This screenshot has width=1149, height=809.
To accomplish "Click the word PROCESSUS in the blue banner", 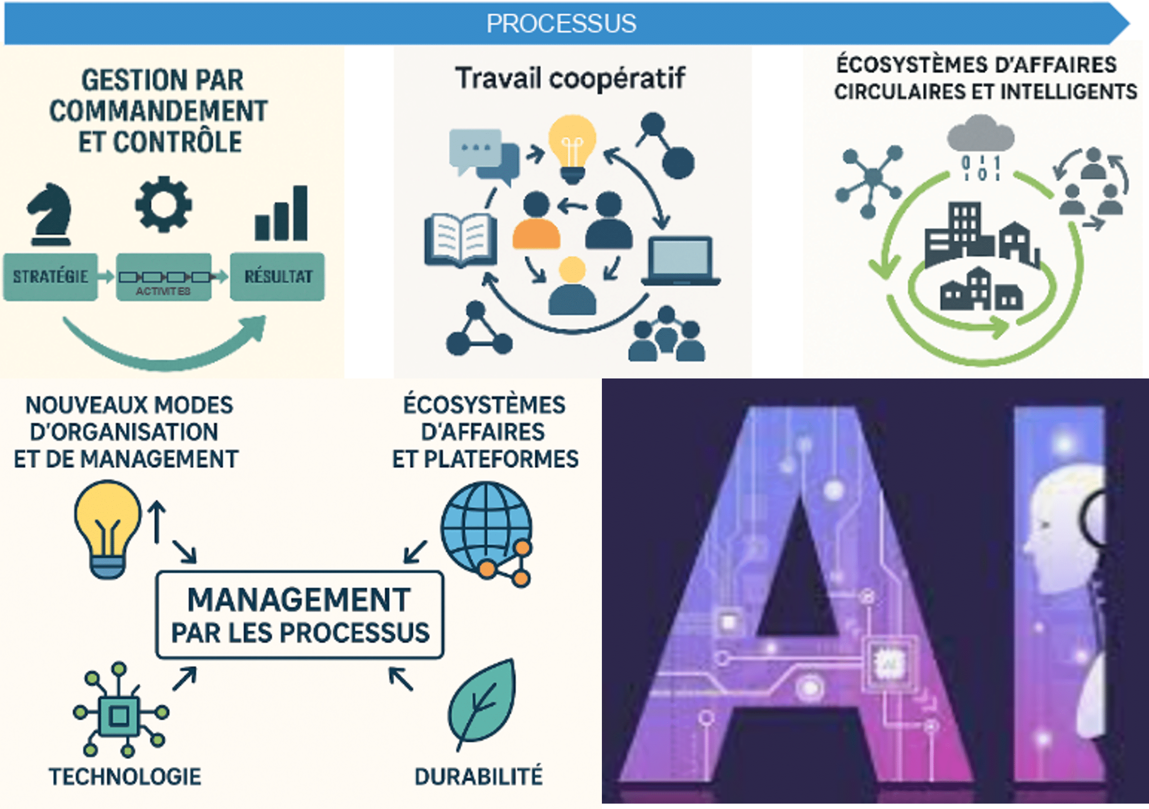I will click(x=561, y=23).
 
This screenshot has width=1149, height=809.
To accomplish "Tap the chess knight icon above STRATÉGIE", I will click(x=50, y=214).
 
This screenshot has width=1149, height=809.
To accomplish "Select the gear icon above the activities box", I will click(x=163, y=204).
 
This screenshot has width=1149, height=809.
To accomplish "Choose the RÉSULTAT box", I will click(x=277, y=277).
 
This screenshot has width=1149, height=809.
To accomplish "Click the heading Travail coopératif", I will click(x=570, y=79).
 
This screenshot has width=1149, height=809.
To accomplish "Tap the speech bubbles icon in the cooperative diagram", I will click(x=482, y=154).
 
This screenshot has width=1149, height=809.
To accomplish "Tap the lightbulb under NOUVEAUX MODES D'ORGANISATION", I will click(x=108, y=528).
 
